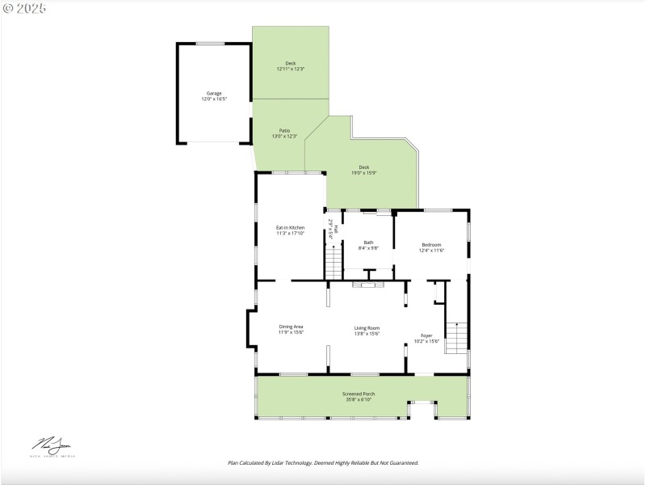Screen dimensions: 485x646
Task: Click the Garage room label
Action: click(213, 93)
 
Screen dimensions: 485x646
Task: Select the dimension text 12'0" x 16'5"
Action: click(213, 99)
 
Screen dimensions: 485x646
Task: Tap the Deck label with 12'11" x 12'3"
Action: click(290, 63)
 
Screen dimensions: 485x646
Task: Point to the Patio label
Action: click(284, 130)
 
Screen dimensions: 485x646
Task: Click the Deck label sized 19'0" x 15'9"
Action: click(364, 167)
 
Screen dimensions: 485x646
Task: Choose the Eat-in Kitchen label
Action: click(291, 228)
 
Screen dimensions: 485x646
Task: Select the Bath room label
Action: click(368, 242)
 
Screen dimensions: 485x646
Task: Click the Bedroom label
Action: click(431, 245)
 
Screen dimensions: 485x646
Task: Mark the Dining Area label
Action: click(291, 327)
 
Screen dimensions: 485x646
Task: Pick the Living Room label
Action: click(367, 327)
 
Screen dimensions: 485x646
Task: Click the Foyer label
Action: click(426, 335)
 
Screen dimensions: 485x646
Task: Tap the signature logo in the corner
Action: click(52, 445)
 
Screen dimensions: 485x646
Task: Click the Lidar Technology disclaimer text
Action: click(323, 463)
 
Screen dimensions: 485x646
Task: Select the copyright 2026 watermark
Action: click(24, 7)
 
